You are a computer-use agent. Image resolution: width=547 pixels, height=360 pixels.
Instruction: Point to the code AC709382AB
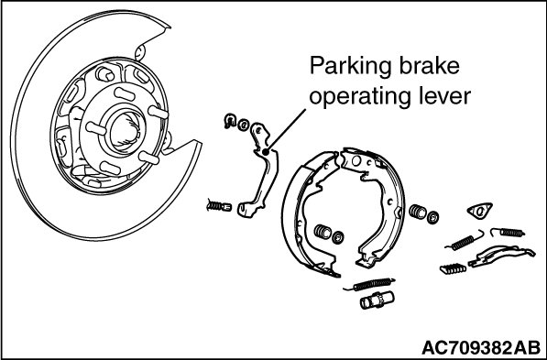tap(481, 347)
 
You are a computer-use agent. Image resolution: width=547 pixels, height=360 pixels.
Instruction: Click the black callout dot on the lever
tap(265, 152)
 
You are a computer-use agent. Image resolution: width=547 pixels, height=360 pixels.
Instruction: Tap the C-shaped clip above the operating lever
tap(230, 120)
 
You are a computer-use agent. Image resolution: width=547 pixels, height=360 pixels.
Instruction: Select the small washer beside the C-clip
tap(244, 125)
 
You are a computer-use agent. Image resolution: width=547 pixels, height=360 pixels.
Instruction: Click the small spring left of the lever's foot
tap(219, 206)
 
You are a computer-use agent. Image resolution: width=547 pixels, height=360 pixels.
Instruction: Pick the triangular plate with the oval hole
tap(479, 211)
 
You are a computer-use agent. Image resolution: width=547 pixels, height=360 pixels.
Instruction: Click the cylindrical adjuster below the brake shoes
tap(377, 300)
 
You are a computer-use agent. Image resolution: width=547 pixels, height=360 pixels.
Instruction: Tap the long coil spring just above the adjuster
tap(371, 284)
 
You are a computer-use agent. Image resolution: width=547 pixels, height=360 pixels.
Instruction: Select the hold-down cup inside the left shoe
tap(323, 232)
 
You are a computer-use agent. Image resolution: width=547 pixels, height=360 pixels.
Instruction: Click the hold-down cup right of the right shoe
tap(417, 212)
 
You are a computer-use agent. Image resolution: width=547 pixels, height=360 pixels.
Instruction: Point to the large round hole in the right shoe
tap(356, 161)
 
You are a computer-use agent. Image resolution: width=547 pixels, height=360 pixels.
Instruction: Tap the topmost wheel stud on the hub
tap(125, 94)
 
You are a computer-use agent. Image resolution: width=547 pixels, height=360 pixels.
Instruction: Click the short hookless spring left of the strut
tap(453, 268)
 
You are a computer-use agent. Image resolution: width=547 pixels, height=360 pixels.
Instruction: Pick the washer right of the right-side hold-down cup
tap(432, 217)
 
